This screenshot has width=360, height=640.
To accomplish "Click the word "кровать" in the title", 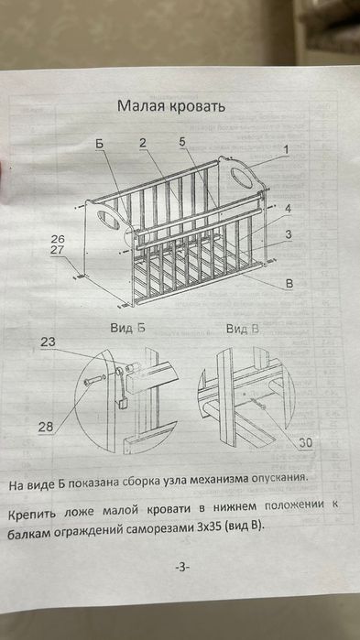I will [x=196, y=106].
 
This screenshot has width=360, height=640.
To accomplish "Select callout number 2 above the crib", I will [x=143, y=142].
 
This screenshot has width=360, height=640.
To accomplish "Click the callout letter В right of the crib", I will [x=289, y=284].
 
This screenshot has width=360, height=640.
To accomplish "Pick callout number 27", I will [x=59, y=250].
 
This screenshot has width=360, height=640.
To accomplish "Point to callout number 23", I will [x=48, y=342].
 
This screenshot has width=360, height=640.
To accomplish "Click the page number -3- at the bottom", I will [x=180, y=567].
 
